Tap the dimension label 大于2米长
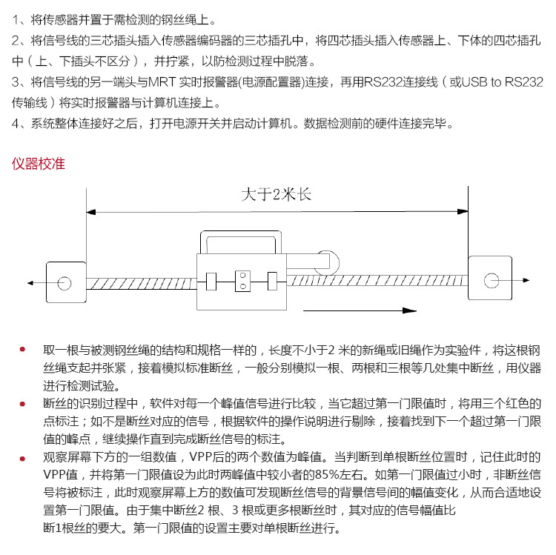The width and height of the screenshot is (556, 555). pos(277,196)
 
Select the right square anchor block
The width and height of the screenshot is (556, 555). pos(489,279)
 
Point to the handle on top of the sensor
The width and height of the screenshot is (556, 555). pos(240,242)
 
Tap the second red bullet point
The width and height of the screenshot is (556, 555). pos(22,403)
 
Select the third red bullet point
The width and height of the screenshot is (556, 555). pos(22,458)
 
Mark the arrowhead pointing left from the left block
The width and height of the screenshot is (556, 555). pos(30,282)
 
